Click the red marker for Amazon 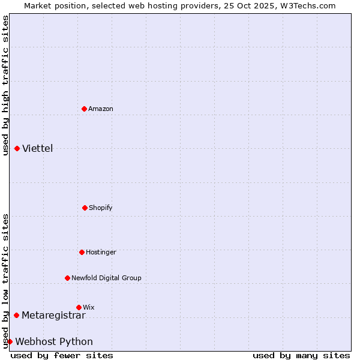tap(84, 109)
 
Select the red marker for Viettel tap(17, 148)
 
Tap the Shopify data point tap(85, 208)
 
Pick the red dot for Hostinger tap(82, 252)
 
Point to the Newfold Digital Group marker tap(67, 278)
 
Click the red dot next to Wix tap(79, 307)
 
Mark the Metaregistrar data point tap(16, 315)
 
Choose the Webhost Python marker tap(10, 341)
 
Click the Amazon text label tap(101, 109)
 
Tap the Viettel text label tap(38, 148)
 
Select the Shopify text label tap(101, 208)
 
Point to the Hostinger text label tap(101, 252)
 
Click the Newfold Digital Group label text tap(106, 278)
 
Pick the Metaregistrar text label tap(53, 315)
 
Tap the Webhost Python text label tap(54, 341)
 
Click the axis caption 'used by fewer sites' tap(62, 355)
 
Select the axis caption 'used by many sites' tap(301, 355)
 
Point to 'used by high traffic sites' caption tap(5, 85)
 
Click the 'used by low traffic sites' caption tap(5, 281)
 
